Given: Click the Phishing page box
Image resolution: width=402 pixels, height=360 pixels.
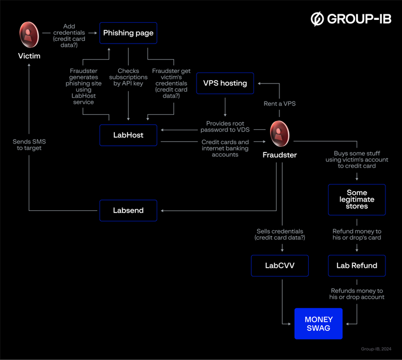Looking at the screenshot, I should click(128, 33).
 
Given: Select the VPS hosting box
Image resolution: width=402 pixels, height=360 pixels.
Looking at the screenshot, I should click(225, 83).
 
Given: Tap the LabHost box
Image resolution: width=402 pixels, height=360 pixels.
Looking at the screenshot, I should click(128, 135).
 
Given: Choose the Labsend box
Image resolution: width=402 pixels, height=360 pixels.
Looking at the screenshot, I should click(128, 210).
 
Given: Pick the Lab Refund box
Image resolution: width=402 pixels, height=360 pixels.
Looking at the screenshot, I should click(357, 266).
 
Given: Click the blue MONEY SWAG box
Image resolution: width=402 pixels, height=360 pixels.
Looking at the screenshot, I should click(318, 323).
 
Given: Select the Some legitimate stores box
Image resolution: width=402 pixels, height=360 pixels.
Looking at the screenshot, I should click(357, 199).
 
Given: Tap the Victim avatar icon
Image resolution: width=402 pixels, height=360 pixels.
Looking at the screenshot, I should click(28, 34).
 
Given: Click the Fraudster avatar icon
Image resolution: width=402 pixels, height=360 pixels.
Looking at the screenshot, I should click(279, 134).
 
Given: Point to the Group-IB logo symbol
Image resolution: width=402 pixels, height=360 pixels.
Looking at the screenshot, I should click(318, 19).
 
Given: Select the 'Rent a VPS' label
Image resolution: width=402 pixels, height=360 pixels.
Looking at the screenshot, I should click(279, 103).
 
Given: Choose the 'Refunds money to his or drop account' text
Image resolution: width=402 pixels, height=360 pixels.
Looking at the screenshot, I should click(357, 294).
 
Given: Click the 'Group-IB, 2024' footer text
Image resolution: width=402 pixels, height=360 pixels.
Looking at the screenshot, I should click(375, 349).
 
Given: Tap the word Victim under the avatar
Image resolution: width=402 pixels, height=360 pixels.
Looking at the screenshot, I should click(28, 56).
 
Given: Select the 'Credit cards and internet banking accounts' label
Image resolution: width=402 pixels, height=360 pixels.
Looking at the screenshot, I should click(225, 148).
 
